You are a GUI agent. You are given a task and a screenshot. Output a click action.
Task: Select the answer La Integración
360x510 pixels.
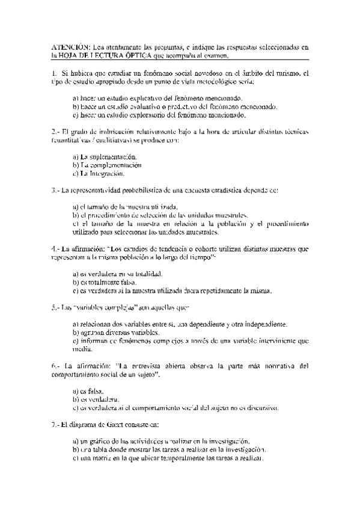tap(100, 174)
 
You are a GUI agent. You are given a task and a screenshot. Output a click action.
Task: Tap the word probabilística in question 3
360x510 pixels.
tap(147, 191)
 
